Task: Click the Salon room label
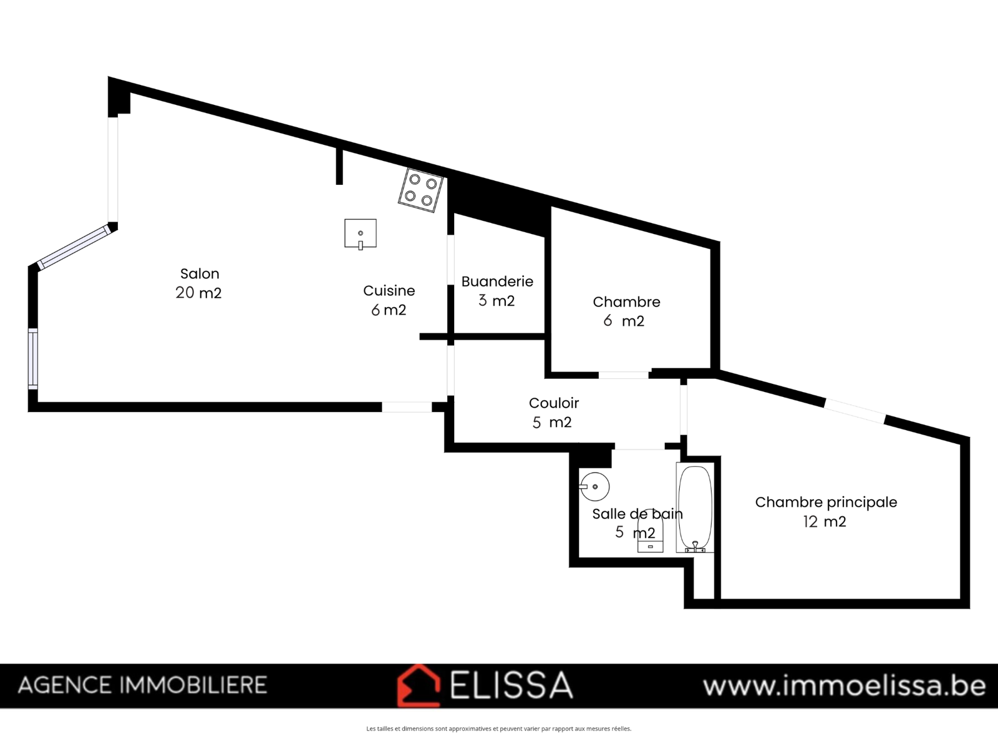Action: click(x=200, y=274)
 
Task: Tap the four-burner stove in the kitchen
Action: click(x=420, y=190)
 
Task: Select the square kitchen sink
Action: click(x=361, y=233)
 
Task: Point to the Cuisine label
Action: click(x=389, y=291)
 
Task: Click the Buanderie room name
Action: click(x=497, y=281)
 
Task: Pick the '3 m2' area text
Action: click(x=497, y=301)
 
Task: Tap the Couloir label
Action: click(x=554, y=403)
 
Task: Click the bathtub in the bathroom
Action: click(x=695, y=507)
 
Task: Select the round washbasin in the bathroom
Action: click(x=594, y=487)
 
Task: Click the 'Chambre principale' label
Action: click(x=826, y=502)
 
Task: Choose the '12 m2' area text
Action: click(x=825, y=522)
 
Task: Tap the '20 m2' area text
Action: click(x=199, y=293)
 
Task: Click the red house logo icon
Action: click(x=419, y=686)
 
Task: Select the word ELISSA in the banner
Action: click(x=511, y=685)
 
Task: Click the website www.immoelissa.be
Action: click(x=845, y=686)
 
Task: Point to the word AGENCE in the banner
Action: click(x=65, y=685)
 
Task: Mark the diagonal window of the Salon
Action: click(x=74, y=247)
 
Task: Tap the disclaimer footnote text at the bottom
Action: click(x=499, y=728)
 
